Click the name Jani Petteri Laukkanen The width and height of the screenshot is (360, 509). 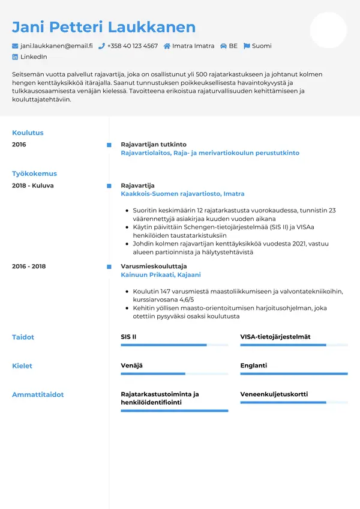tap(104, 27)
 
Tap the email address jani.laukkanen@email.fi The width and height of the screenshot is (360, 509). tap(56, 46)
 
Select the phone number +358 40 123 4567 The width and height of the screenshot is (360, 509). tap(132, 46)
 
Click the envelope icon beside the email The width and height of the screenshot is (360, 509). tap(15, 46)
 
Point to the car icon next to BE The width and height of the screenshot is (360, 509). tap(223, 46)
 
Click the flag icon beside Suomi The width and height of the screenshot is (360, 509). tap(246, 46)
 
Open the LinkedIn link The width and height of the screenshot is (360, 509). tap(34, 56)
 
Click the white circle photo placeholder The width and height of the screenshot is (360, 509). tap(328, 30)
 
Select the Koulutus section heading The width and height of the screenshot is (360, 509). tap(28, 133)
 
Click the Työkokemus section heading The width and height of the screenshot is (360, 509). tap(34, 173)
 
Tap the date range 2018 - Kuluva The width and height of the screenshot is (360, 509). tap(32, 185)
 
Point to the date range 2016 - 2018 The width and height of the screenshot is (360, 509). tap(29, 266)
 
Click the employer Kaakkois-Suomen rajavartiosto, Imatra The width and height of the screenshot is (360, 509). tap(182, 194)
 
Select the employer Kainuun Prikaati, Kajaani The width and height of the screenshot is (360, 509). tap(161, 274)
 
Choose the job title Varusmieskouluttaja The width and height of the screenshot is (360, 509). tap(154, 266)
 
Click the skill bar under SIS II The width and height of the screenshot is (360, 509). tap(174, 345)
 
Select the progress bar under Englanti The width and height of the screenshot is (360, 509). tap(294, 373)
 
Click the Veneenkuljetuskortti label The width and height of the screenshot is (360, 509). tap(274, 394)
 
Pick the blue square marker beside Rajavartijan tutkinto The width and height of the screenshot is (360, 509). tap(109, 145)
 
